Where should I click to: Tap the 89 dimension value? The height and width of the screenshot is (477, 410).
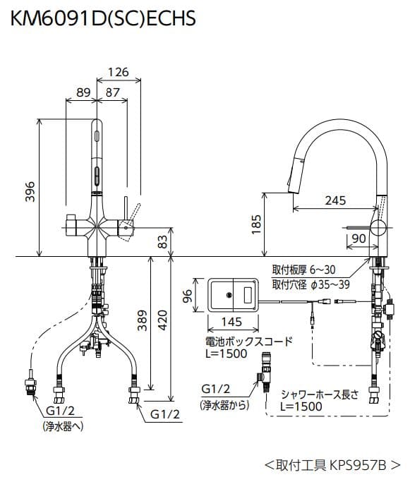83,92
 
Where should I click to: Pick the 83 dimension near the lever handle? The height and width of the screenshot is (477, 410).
164,242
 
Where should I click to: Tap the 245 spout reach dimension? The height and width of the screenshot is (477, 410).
335,200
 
